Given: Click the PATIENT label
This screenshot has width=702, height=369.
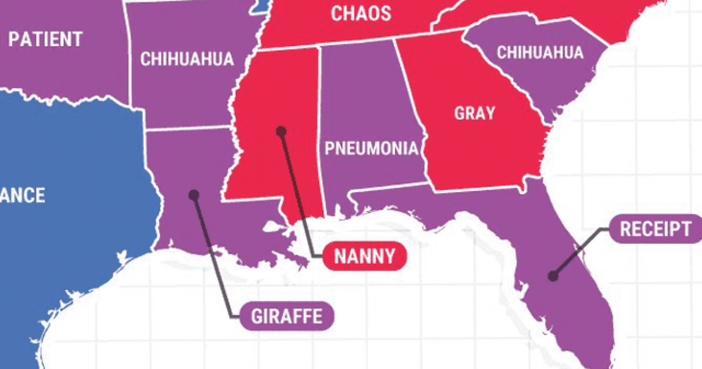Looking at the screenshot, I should (x=45, y=40).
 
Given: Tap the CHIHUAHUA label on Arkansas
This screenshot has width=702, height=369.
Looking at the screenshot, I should (x=187, y=59).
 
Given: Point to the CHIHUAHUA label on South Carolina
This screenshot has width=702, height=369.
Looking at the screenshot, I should (x=540, y=52).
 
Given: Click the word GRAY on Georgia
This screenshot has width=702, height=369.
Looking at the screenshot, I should (x=474, y=113).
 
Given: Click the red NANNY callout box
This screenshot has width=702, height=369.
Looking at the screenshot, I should (x=364, y=255).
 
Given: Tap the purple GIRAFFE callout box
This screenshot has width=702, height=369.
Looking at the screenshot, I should (x=287, y=316).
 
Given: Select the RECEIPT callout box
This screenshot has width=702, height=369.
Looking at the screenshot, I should (x=655, y=229).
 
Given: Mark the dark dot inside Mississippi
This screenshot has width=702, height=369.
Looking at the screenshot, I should (x=281, y=131).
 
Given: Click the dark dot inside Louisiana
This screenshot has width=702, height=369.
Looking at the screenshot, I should (x=194, y=195).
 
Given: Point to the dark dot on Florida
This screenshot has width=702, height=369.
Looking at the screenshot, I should (x=552, y=276).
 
